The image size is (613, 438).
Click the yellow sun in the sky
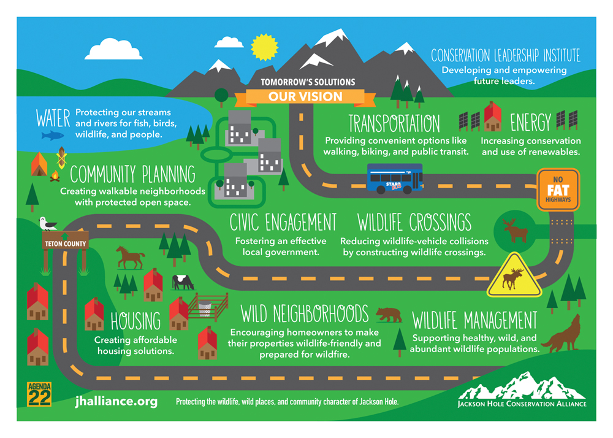264,47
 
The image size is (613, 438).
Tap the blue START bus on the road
395,179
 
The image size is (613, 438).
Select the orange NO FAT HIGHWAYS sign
558,190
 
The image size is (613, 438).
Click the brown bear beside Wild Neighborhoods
389,315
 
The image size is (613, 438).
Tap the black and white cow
183,282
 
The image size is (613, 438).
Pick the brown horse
130,257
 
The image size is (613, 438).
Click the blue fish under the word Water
52,136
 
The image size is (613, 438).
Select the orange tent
39,164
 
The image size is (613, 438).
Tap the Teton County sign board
65,241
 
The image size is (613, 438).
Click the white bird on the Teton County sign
48,224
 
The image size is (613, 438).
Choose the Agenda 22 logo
39,394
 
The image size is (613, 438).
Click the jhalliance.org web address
116,402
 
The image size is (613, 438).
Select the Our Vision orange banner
305,96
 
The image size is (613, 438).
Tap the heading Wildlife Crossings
414,223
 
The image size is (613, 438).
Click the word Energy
530,123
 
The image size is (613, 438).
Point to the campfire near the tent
55,177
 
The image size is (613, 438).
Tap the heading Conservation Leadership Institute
506,56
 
